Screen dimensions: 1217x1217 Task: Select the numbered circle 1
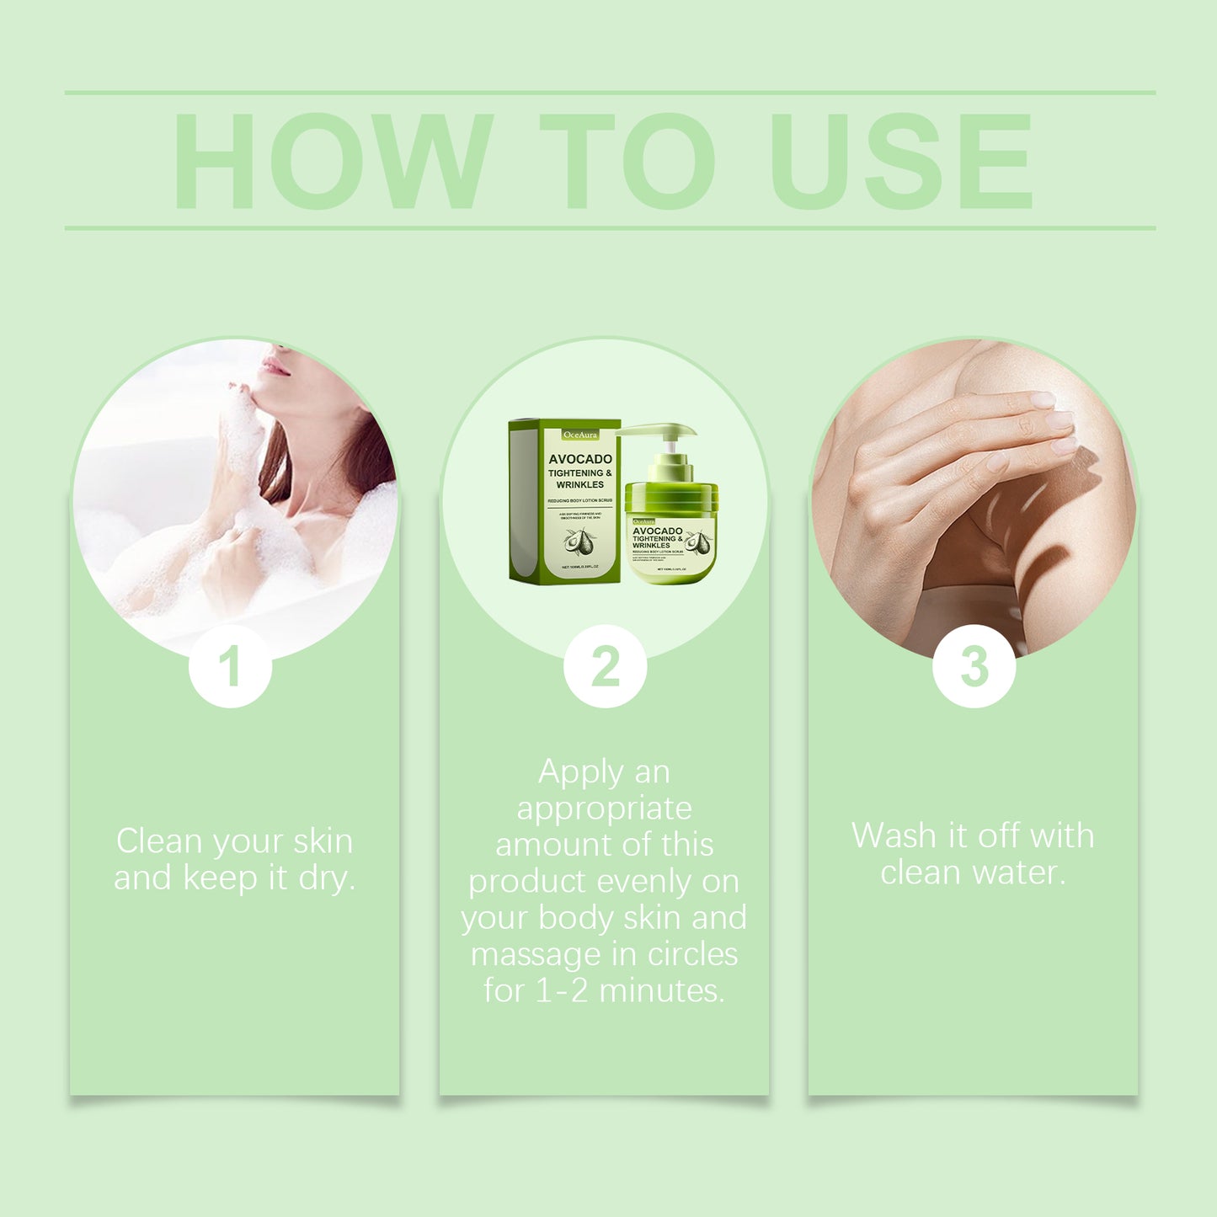[230, 666]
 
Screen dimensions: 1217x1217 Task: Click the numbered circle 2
[605, 666]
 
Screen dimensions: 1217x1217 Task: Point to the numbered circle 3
[974, 666]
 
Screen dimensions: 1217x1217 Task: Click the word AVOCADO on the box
[580, 459]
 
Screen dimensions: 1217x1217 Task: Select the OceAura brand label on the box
[579, 435]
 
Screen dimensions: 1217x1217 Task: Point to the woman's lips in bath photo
[275, 366]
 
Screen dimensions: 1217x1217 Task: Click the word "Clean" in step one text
[160, 841]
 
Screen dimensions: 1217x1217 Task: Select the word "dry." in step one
[327, 878]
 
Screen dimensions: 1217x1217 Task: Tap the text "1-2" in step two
[562, 990]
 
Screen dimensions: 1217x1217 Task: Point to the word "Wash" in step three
[894, 835]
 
